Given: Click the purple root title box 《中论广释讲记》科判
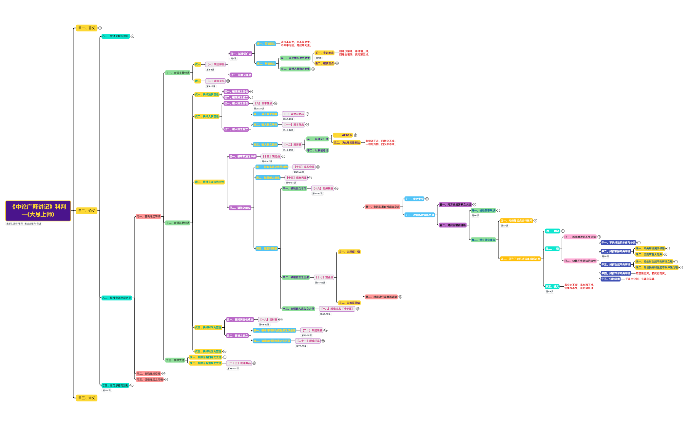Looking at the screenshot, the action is click(x=38, y=211).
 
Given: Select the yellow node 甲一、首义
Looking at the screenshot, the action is click(x=86, y=28).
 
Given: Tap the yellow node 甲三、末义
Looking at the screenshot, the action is click(x=86, y=398).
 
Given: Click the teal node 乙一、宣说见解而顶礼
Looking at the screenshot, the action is click(x=115, y=36).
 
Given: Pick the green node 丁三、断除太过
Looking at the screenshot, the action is click(x=175, y=360).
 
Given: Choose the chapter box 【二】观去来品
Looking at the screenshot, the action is click(x=216, y=81).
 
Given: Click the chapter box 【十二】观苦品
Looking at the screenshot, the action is click(x=292, y=145).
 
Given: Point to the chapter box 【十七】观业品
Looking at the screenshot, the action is click(x=324, y=277).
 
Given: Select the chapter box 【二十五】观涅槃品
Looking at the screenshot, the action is click(x=239, y=363).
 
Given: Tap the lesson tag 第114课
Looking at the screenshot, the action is click(x=106, y=391).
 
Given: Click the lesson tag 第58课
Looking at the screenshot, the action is click(x=605, y=257).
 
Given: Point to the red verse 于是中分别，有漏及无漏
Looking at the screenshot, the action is click(x=640, y=279).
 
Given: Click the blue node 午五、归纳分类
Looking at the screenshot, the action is click(x=610, y=279).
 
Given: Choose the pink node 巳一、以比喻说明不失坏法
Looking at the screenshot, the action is click(x=580, y=237).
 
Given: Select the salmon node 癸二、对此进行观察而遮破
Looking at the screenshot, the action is click(x=381, y=297).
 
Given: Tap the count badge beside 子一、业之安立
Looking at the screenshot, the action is click(x=427, y=199).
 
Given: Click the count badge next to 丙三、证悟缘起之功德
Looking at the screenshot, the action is click(x=166, y=379).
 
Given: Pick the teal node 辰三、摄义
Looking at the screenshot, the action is click(x=552, y=286).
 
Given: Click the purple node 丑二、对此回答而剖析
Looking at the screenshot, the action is click(x=452, y=225).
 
